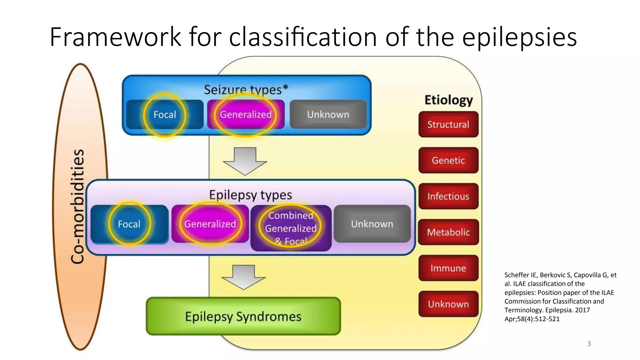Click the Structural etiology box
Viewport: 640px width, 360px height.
[x=448, y=124]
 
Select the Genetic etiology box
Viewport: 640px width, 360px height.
[x=448, y=160]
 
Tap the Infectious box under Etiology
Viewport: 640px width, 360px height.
[x=448, y=196]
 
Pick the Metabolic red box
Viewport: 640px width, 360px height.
[x=448, y=232]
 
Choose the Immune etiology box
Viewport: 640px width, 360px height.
[x=448, y=268]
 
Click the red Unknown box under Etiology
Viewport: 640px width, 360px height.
[x=448, y=304]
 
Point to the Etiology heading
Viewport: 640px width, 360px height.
[x=448, y=100]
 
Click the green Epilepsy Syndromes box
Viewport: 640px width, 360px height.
[x=243, y=316]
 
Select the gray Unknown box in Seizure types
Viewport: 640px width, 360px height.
[x=328, y=114]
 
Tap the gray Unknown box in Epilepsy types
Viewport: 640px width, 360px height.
[x=372, y=224]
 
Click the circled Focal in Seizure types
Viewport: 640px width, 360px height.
[x=165, y=115]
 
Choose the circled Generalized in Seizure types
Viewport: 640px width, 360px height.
[x=246, y=115]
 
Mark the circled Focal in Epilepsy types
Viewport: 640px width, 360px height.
[x=129, y=224]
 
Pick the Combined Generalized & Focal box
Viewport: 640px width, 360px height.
[x=291, y=228]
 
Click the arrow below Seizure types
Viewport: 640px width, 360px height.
[x=245, y=161]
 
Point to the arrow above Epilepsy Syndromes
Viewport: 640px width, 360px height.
[x=243, y=277]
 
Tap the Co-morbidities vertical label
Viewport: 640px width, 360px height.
[x=77, y=206]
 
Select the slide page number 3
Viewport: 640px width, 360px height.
[x=589, y=343]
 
